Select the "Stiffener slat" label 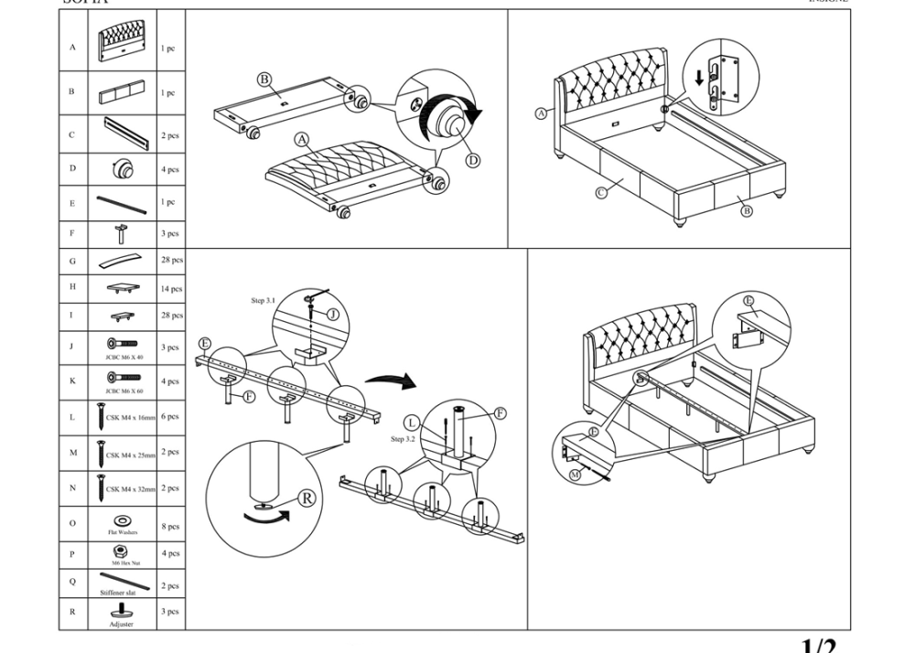118,593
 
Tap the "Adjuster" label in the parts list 121,624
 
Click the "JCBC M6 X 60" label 124,391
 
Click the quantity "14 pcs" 171,289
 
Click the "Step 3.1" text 264,301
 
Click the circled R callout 307,498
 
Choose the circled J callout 333,314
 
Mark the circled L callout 413,423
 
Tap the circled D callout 473,161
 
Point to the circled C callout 602,192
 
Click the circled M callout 575,476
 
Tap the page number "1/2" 818,646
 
